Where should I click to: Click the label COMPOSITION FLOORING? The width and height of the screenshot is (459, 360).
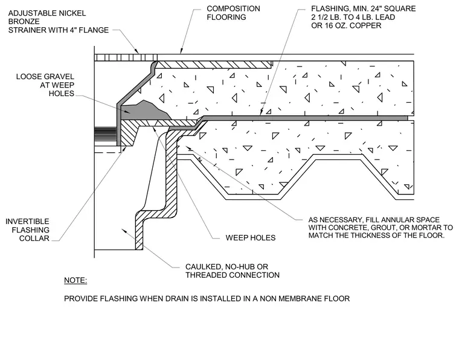(233, 13)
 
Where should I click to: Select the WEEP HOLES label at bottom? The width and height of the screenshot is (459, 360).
(251, 237)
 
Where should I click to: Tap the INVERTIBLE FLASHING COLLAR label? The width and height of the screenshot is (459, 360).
(28, 230)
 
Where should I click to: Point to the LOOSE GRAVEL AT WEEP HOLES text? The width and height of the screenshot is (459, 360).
(45, 85)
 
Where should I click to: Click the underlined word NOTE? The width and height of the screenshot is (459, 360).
(75, 280)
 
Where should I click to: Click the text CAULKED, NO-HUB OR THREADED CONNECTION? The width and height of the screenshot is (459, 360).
(233, 271)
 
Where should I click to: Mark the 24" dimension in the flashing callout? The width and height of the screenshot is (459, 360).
(377, 8)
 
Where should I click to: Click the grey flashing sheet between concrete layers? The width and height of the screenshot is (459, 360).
(304, 118)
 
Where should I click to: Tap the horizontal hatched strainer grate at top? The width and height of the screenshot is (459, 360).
(126, 57)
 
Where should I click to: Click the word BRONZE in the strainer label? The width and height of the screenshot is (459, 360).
(24, 21)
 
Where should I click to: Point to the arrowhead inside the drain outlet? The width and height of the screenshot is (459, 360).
(124, 231)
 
